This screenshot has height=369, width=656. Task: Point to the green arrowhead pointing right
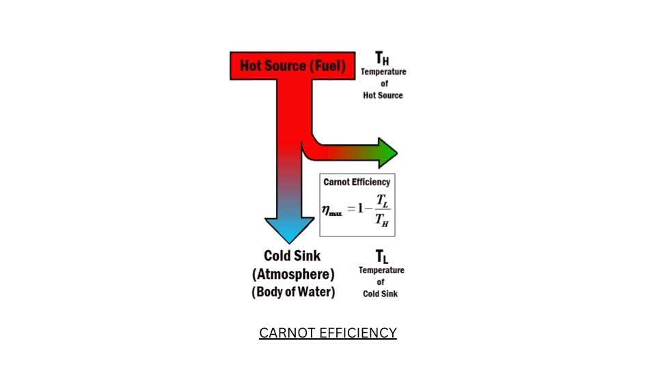coord(387,152)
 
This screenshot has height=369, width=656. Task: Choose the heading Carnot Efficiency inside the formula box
coord(357,182)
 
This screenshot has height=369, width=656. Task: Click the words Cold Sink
coord(292,256)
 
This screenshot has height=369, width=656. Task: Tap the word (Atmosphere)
coord(293,275)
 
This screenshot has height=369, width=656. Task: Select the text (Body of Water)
coord(293,292)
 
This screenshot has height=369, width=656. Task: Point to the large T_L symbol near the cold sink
coord(382,257)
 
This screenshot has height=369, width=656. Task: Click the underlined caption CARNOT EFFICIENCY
coord(328,333)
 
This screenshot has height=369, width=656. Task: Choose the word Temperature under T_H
coord(383,72)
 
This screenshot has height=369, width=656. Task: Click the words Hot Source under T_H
coord(383,96)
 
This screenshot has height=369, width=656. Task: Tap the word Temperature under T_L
coord(381,270)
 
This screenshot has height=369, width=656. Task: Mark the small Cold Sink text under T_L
coord(381,294)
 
